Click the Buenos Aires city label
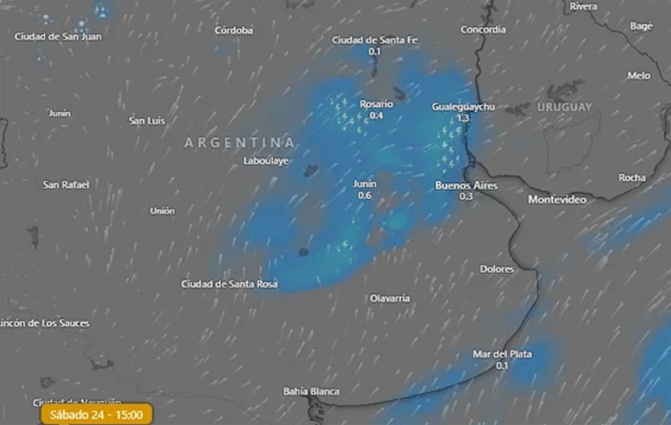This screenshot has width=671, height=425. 465,186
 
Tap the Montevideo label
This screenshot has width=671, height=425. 557,200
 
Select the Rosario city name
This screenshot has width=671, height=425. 376,104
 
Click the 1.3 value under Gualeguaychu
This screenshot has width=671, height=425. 463,118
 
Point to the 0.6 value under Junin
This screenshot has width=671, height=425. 364,195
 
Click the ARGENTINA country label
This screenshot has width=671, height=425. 239,143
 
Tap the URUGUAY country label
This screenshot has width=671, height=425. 564,107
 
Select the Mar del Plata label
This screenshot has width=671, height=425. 502,354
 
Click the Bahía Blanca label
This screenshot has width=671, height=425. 311,391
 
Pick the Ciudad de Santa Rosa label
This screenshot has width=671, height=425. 229,284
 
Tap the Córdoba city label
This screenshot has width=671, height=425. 234,30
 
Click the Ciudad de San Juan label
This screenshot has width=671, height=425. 58,36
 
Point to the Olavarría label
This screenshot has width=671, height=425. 390,298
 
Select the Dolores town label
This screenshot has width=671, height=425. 497,269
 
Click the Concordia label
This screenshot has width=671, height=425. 483,30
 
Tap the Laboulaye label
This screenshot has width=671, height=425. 266,161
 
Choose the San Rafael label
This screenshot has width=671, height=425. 66,184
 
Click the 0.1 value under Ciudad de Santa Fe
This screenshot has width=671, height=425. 374,52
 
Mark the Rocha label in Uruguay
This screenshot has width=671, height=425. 631,178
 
